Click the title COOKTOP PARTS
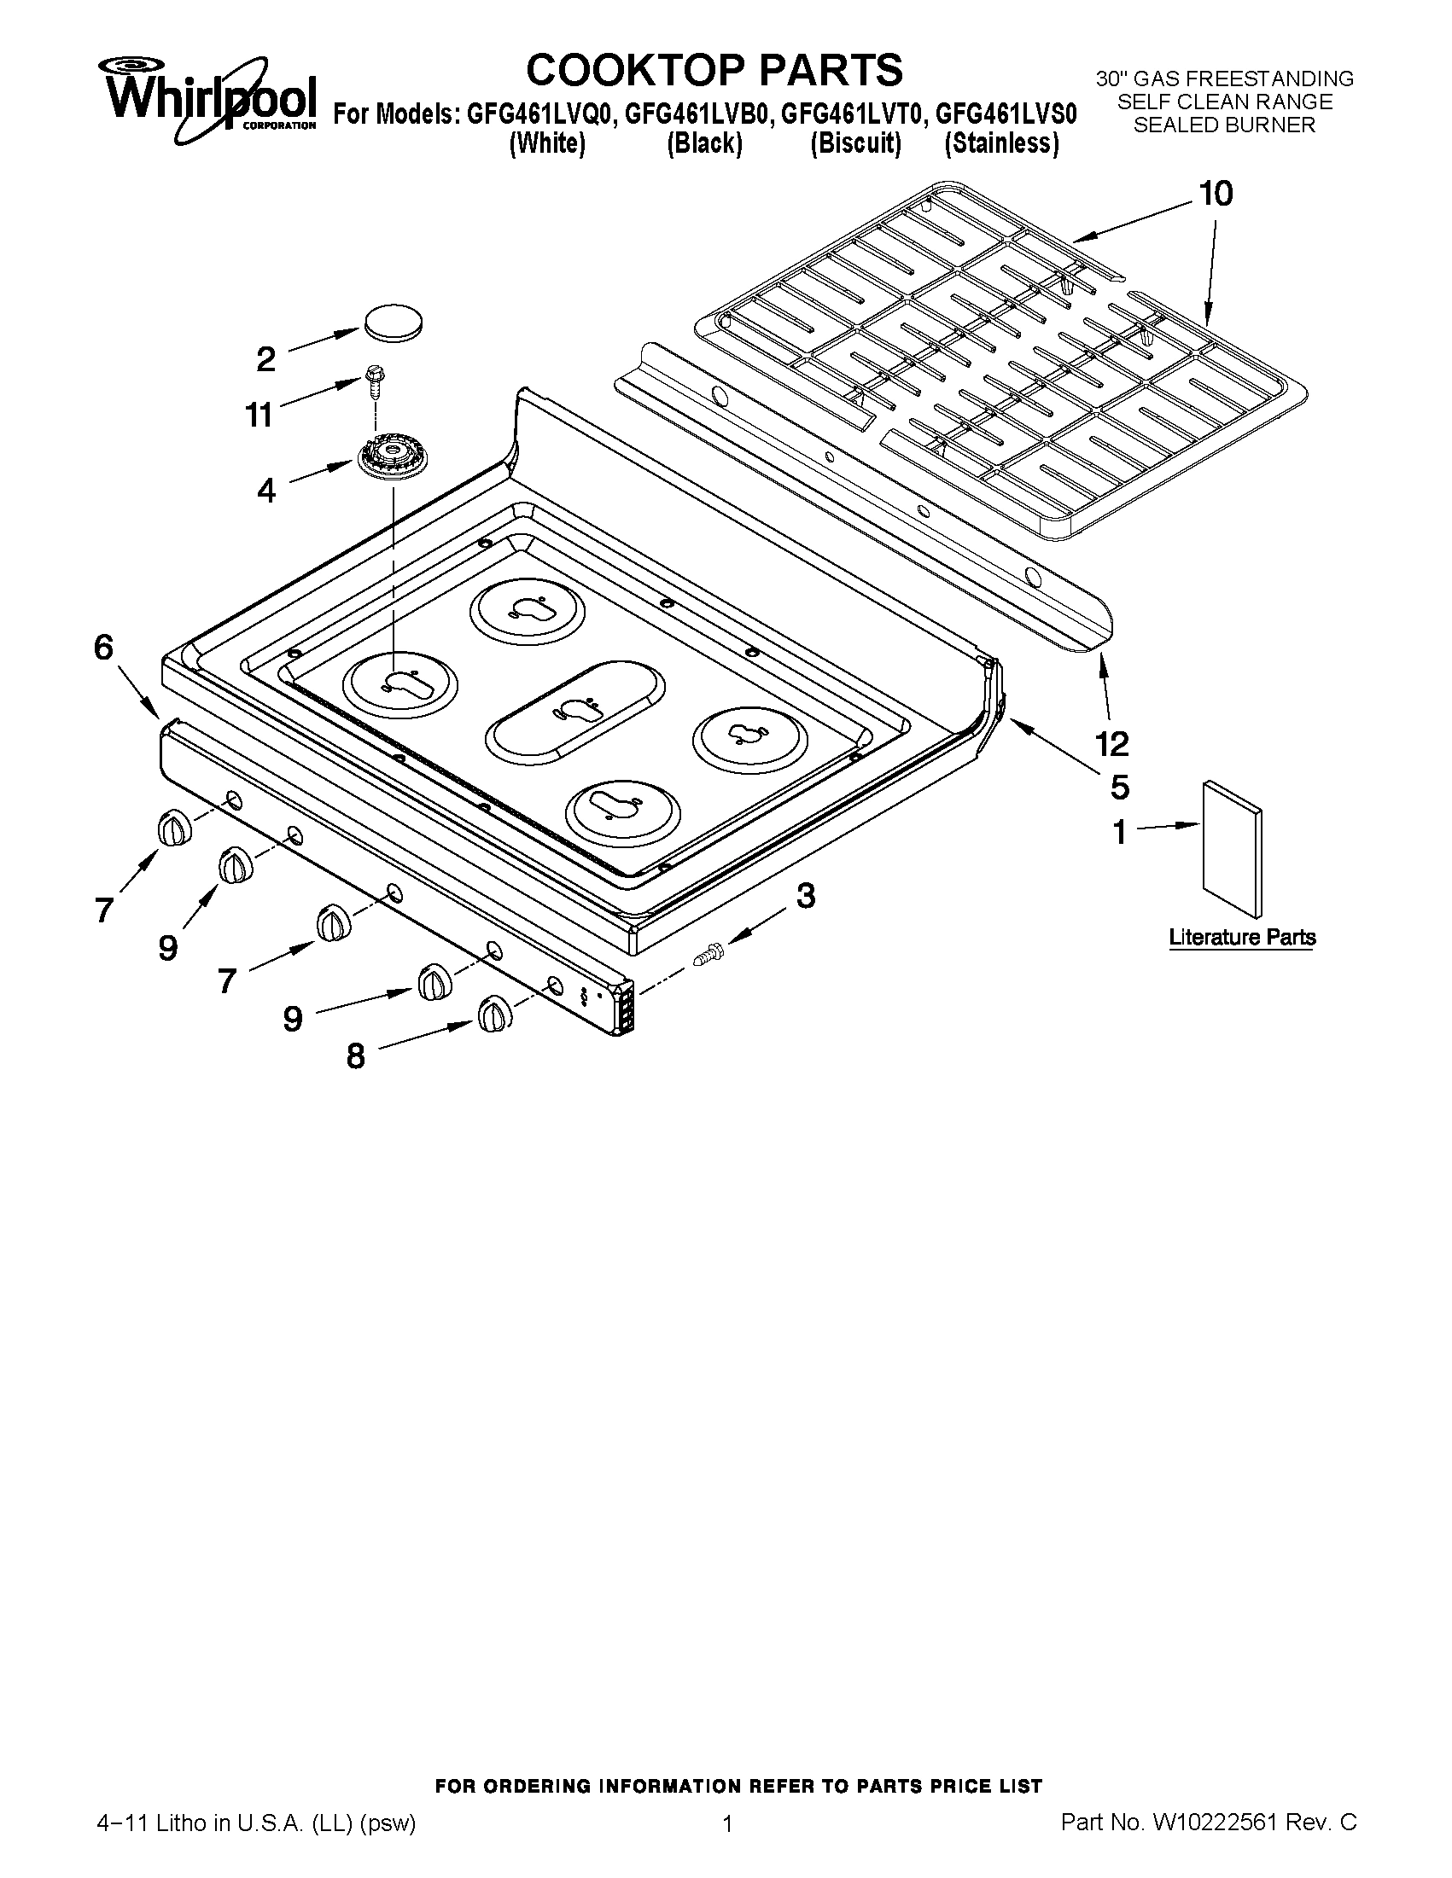click(714, 70)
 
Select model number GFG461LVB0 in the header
click(696, 114)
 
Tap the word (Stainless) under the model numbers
click(1001, 143)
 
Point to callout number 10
click(1216, 195)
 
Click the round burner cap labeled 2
click(394, 322)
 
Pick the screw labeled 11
click(375, 378)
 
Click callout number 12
click(1112, 743)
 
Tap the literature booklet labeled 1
click(1232, 847)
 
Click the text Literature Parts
click(1242, 936)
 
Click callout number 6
click(103, 648)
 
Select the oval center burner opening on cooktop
click(574, 710)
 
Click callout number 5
click(1119, 786)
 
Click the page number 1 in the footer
click(727, 1841)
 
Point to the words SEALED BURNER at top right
click(1224, 125)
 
